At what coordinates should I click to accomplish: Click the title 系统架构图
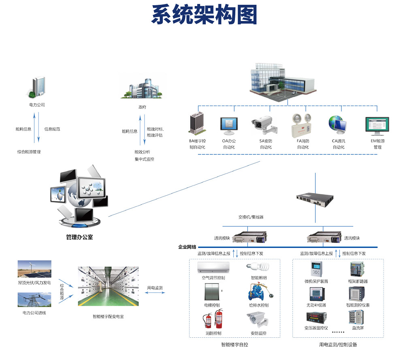pos(204,15)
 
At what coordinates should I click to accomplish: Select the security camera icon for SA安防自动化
pos(265,125)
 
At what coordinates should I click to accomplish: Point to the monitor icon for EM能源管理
pos(377,126)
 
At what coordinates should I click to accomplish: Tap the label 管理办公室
pos(79,237)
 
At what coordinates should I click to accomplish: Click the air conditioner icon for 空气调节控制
pos(213,267)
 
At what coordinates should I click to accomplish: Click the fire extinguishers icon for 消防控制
pos(213,319)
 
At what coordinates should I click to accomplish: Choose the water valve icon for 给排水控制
pos(258,292)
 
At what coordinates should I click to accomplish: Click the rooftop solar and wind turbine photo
pos(34,269)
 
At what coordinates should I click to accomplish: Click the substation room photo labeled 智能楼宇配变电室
pos(108,286)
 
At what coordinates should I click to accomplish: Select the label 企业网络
pos(187,247)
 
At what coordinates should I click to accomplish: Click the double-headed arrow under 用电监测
pos(155,293)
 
